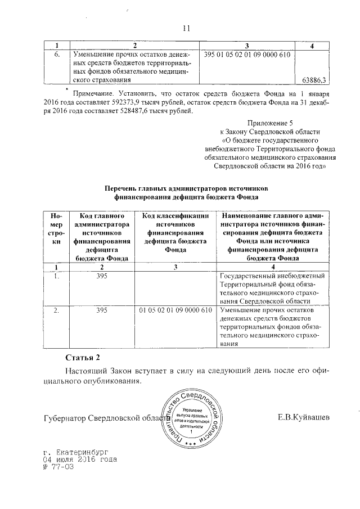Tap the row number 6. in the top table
(x=56, y=55)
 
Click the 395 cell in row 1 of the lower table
(x=102, y=277)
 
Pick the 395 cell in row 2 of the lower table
(x=102, y=310)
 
